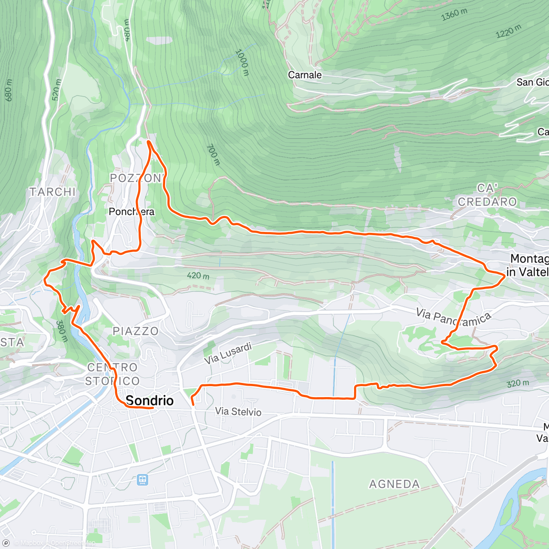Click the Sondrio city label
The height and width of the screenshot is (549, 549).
[150, 400]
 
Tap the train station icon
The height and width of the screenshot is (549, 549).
[142, 480]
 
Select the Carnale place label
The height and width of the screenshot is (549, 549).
[305, 75]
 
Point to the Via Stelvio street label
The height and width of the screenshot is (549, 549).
[238, 412]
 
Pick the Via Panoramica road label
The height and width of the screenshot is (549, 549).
[453, 317]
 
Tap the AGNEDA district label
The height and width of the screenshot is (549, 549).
[394, 484]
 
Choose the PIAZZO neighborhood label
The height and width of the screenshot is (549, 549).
[135, 331]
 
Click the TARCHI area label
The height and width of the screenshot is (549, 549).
[53, 192]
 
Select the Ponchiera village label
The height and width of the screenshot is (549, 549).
[132, 212]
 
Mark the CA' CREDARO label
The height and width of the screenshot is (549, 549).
[487, 195]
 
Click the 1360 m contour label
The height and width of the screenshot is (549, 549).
[454, 15]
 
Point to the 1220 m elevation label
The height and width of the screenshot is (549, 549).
[508, 32]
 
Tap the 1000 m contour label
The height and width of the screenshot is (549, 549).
[242, 63]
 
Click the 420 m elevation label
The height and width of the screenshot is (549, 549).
[198, 276]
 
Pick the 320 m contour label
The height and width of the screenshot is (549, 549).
[518, 383]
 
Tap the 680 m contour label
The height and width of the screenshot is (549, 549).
[9, 90]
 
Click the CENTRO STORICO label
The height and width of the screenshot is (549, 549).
[113, 374]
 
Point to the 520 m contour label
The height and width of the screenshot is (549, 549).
[56, 90]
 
